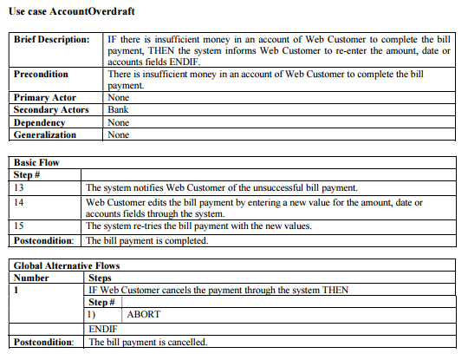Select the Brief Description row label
(x=51, y=41)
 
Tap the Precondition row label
(x=42, y=75)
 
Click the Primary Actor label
(x=45, y=98)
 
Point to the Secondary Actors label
(x=51, y=110)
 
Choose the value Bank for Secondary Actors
(x=118, y=110)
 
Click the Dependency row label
(x=41, y=122)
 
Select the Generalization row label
(x=45, y=134)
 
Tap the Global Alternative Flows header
(x=67, y=265)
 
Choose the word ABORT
(x=143, y=315)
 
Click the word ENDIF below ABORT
(x=103, y=330)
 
